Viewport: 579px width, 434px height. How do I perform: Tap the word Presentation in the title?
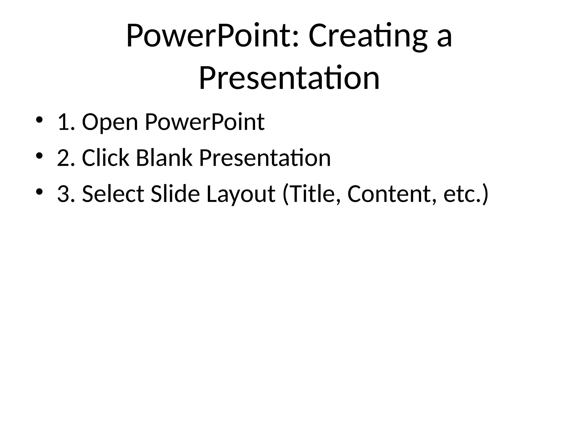[x=289, y=78]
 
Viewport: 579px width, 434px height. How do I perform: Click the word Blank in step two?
[x=164, y=158]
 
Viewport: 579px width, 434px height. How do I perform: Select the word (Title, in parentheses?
[x=311, y=194]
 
